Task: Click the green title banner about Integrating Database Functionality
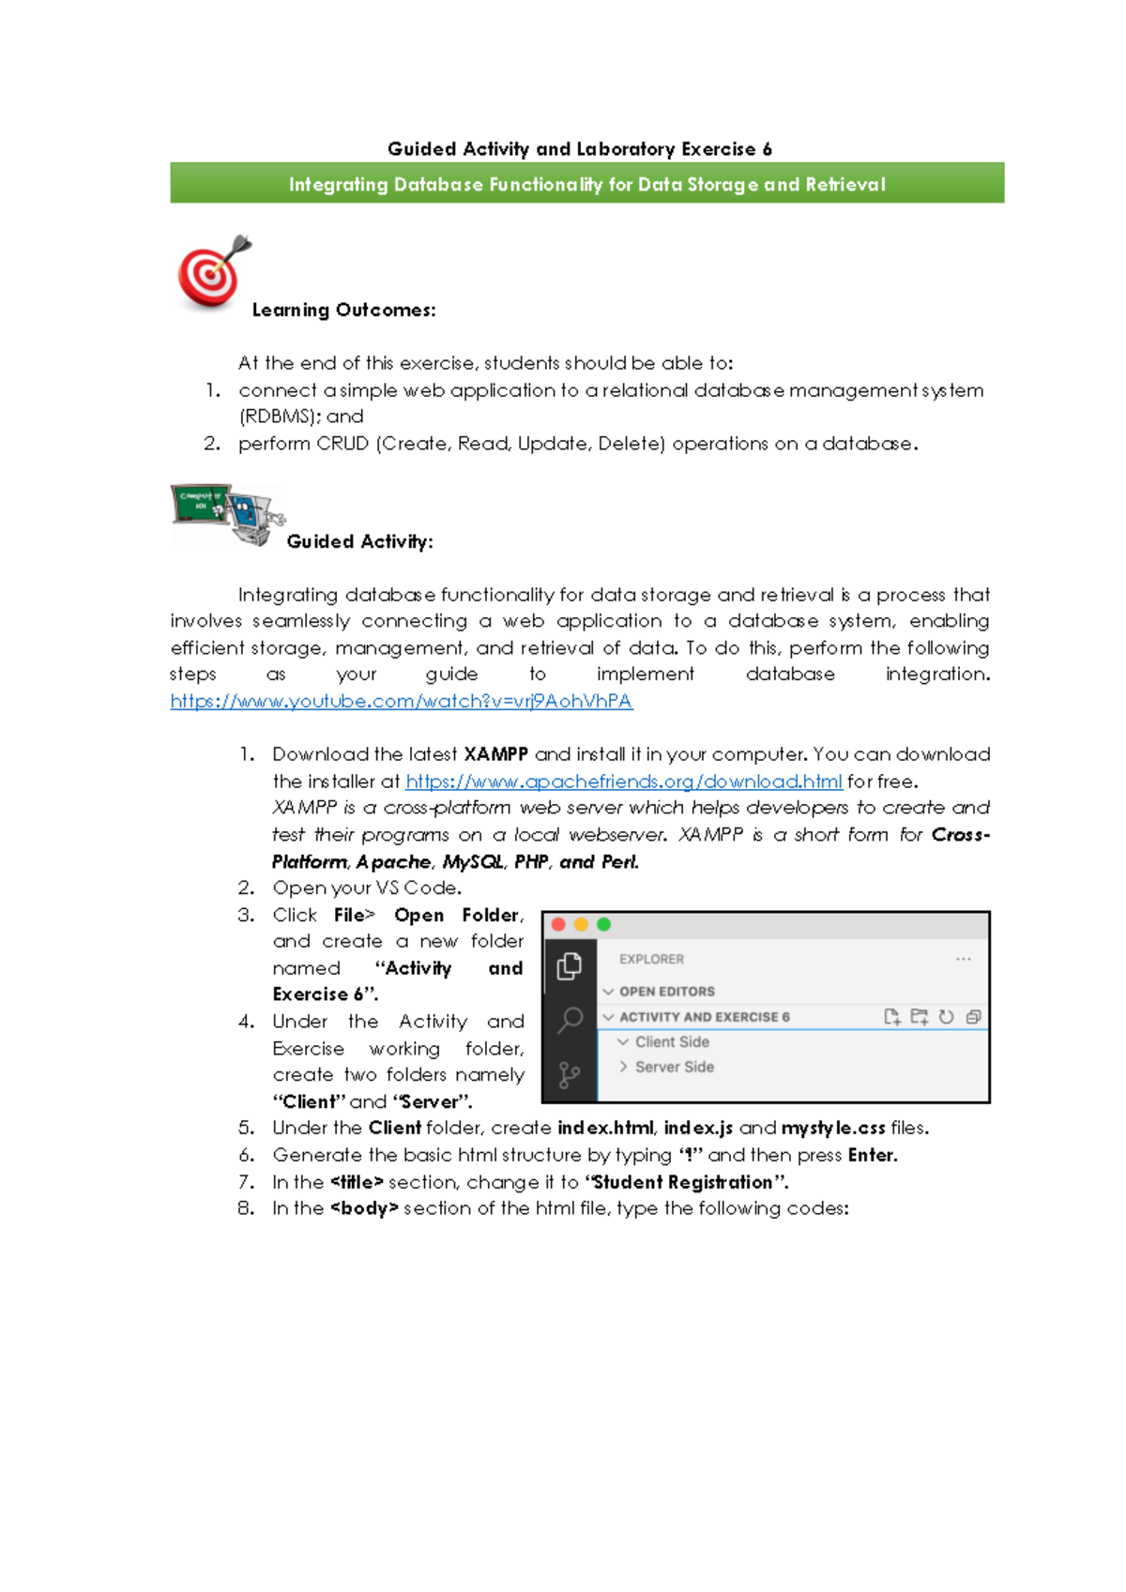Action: click(x=586, y=184)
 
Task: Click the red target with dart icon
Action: click(x=212, y=273)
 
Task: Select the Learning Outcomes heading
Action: click(x=343, y=311)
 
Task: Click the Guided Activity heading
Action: click(x=359, y=542)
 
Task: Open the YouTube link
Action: click(x=402, y=701)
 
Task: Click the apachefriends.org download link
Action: click(x=624, y=781)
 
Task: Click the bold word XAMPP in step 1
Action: click(x=495, y=754)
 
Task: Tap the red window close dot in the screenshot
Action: click(x=558, y=925)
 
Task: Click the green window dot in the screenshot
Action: click(x=603, y=925)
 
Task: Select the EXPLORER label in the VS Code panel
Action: click(x=651, y=960)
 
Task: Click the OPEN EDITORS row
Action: click(x=666, y=992)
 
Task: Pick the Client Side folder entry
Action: click(x=672, y=1042)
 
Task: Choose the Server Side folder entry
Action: click(x=674, y=1068)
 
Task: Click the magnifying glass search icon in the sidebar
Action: click(x=570, y=1020)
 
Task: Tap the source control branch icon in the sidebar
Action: click(x=569, y=1075)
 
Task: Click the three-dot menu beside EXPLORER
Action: click(x=963, y=960)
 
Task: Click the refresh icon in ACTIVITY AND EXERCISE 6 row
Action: click(x=946, y=1017)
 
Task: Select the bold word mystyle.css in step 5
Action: click(x=833, y=1129)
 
